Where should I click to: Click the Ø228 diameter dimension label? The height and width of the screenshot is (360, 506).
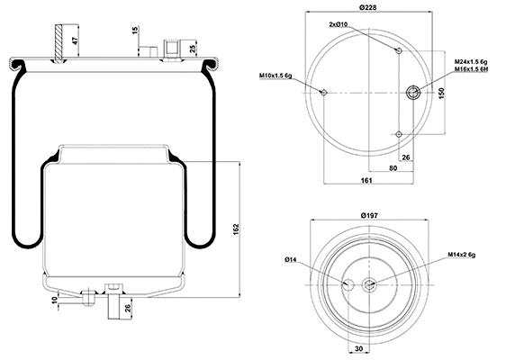pos(366,8)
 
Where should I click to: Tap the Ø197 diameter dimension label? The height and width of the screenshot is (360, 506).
pos(366,216)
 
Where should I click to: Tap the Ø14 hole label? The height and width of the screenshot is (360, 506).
pos(291,260)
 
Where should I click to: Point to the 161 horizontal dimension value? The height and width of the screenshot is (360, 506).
pos(366,181)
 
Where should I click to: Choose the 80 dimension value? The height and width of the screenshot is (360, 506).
pos(394,167)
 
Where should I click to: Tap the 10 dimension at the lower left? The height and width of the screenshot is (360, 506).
pos(56,298)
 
